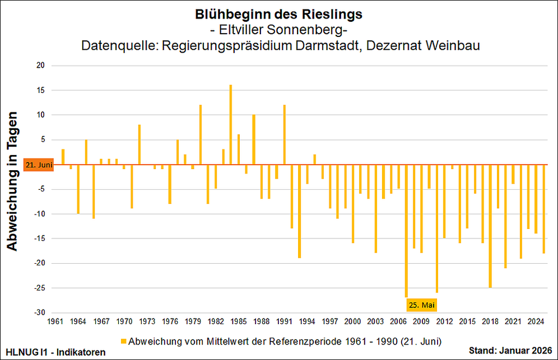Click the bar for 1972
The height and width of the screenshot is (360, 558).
tap(139, 145)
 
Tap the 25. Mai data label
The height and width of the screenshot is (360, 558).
tap(421, 305)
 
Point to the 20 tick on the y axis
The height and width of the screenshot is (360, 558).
tap(40, 66)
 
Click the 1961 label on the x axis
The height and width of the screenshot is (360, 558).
tap(55, 321)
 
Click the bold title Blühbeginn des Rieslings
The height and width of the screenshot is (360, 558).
tap(275, 13)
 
